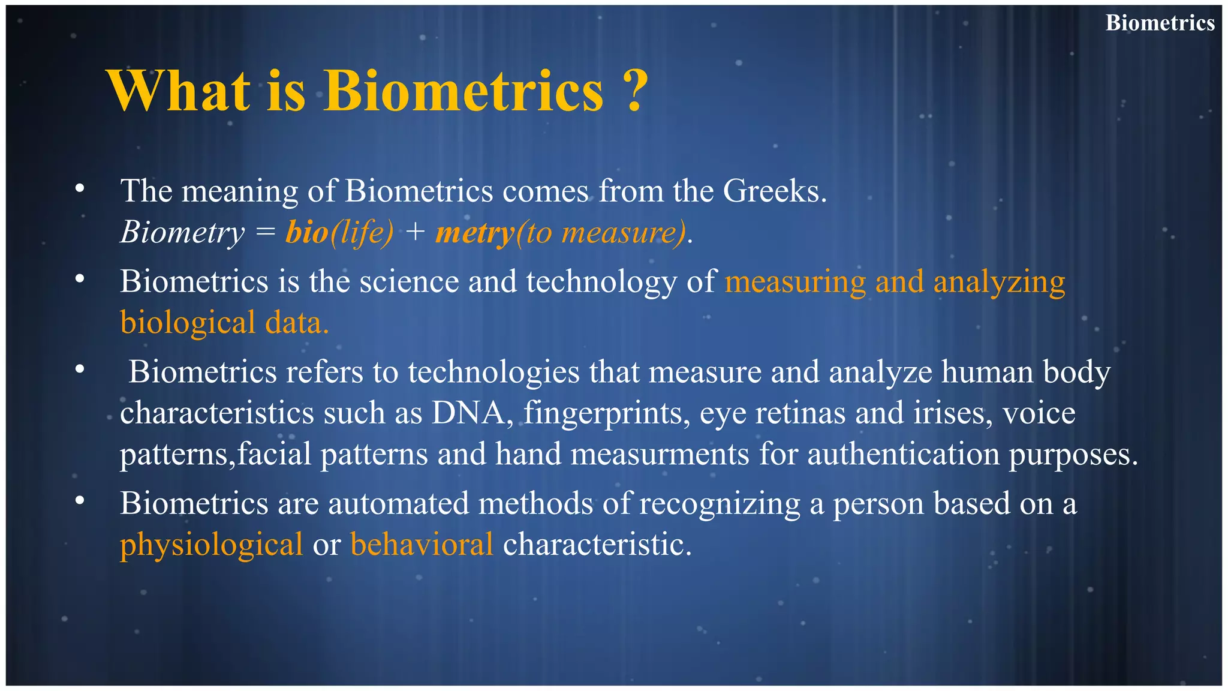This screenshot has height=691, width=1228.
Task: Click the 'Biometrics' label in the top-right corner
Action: coord(1160,23)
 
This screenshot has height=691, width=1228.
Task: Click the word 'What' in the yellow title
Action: coord(178,91)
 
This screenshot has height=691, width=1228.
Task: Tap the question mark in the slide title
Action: coord(635,91)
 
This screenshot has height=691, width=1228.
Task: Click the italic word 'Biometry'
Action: coord(182,233)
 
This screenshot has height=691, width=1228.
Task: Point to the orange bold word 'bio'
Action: coord(307,233)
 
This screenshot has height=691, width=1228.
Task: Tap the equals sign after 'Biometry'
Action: coord(265,233)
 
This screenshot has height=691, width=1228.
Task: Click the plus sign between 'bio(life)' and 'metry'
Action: coord(414,233)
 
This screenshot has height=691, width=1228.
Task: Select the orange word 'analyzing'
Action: coord(999,282)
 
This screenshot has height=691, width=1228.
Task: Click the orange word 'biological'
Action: coord(188,323)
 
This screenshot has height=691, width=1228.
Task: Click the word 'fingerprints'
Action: coord(606,413)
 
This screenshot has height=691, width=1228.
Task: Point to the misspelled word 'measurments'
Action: coord(660,454)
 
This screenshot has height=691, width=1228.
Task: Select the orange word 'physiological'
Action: coord(211,545)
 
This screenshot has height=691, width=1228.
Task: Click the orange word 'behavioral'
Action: coord(422,544)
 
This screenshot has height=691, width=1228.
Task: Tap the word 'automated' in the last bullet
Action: coord(398,503)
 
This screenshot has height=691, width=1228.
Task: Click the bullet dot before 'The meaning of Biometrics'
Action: coord(80,190)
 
